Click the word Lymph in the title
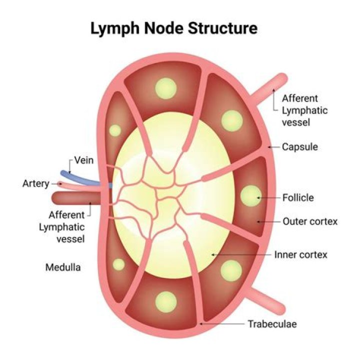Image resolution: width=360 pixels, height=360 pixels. (x=114, y=28)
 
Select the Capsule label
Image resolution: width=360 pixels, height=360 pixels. (x=300, y=147)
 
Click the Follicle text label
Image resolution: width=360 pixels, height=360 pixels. (x=298, y=197)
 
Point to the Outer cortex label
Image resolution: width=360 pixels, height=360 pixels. (x=310, y=221)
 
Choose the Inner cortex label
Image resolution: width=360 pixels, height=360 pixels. (x=300, y=254)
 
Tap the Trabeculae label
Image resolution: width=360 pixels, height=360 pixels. (x=272, y=324)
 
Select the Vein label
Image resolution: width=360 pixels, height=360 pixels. (x=84, y=160)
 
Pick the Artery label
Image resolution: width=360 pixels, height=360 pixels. (x=35, y=183)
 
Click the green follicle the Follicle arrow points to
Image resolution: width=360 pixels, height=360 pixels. (x=251, y=197)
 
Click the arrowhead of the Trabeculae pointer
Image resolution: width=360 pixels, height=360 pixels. (x=200, y=324)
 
